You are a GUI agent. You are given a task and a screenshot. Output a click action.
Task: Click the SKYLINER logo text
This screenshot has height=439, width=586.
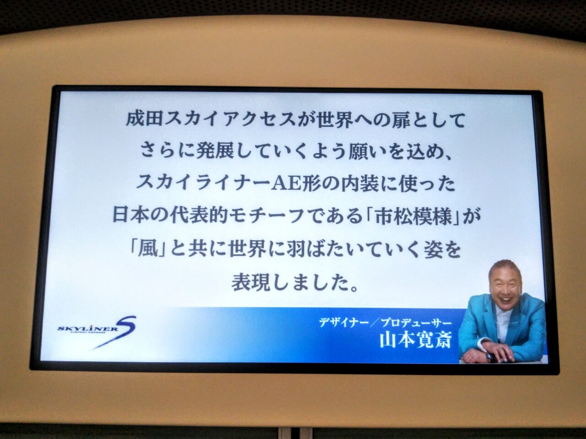(88, 329)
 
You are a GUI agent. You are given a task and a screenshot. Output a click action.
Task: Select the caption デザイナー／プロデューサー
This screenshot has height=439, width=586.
(385, 323)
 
